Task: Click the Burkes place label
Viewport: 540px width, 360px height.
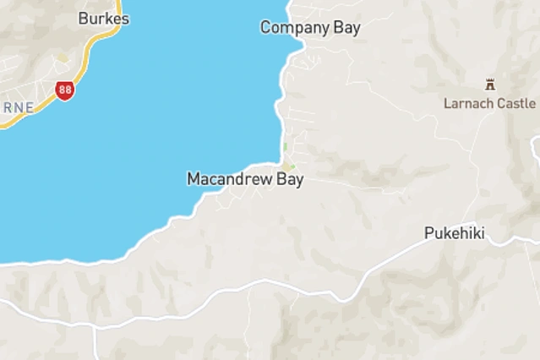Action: pyautogui.click(x=104, y=18)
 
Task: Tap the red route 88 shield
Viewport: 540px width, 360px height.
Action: pyautogui.click(x=65, y=90)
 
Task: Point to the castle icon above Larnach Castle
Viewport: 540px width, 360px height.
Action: pyautogui.click(x=489, y=84)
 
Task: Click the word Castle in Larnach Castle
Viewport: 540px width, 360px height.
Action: pyautogui.click(x=517, y=103)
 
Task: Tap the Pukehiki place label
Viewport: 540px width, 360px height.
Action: pyautogui.click(x=455, y=233)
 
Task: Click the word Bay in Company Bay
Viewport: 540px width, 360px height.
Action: pyautogui.click(x=346, y=28)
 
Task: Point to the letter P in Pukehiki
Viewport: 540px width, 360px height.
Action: pyautogui.click(x=429, y=233)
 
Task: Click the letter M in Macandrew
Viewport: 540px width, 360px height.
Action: pyautogui.click(x=193, y=179)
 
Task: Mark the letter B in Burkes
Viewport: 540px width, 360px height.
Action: pyautogui.click(x=83, y=18)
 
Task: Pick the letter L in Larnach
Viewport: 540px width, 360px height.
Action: pyautogui.click(x=448, y=103)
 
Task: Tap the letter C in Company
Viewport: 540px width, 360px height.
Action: pyautogui.click(x=265, y=28)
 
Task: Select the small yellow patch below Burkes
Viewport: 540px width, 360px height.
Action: pyautogui.click(x=63, y=58)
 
